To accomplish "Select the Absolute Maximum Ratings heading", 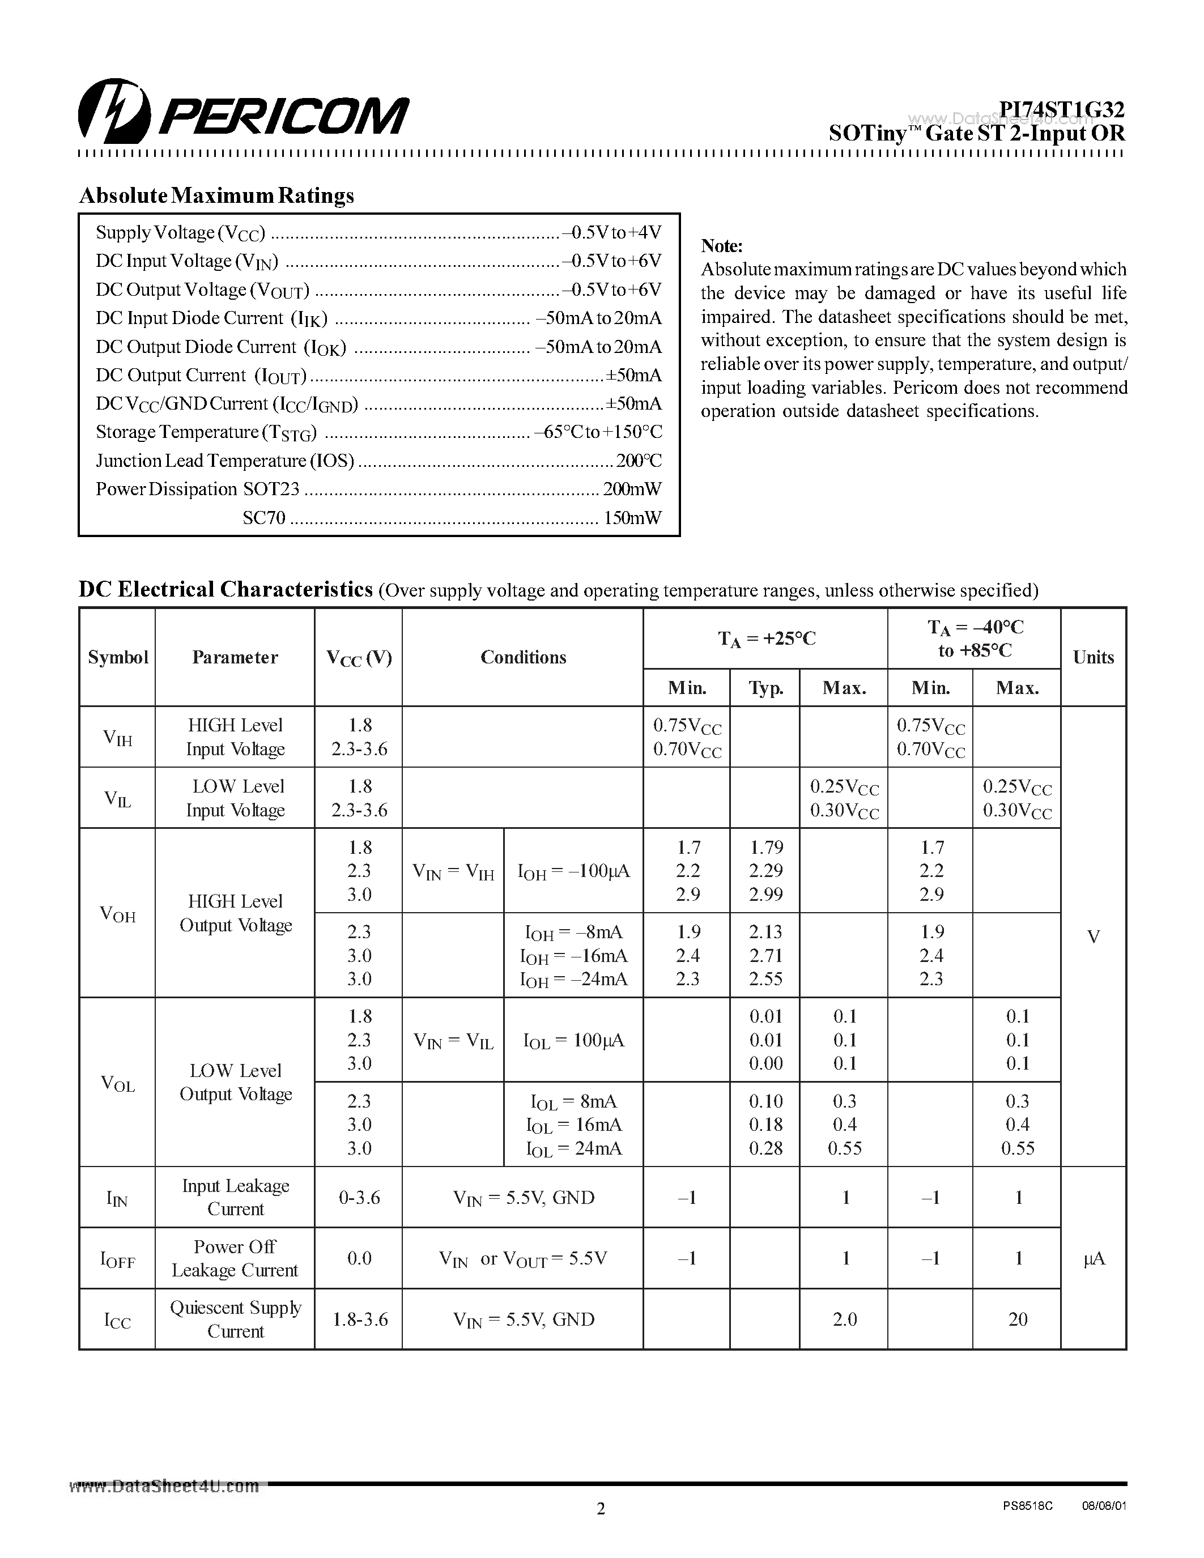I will coord(216,195).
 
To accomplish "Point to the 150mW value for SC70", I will coord(632,518).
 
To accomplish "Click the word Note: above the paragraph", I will coord(722,246).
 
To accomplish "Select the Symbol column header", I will coord(118,657).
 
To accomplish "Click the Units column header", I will coord(1093,657).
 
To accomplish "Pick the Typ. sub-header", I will coord(765,688).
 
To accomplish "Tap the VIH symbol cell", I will coord(118,737).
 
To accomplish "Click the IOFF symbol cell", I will coord(118,1259).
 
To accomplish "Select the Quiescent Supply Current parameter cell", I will coord(235,1319).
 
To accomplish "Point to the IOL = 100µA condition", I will coord(573,1041).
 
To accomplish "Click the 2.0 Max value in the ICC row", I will coord(845,1319).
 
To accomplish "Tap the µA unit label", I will coord(1094,1259).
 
